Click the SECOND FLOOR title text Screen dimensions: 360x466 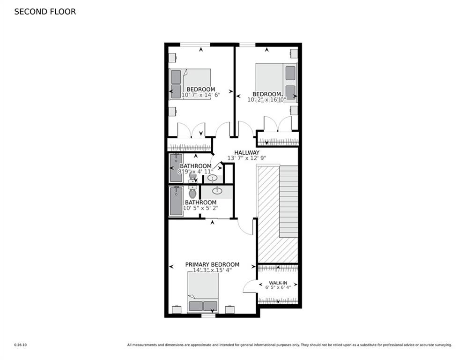[45, 12]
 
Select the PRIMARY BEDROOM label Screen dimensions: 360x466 [212, 264]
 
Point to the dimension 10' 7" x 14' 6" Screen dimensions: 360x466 [200, 95]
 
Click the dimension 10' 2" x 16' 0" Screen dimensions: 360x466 [266, 99]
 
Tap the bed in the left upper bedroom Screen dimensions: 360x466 [190, 84]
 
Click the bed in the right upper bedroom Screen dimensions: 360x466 [276, 82]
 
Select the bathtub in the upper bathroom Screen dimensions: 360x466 [176, 168]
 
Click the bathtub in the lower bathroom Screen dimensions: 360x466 [176, 201]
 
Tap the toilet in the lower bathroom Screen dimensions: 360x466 [192, 192]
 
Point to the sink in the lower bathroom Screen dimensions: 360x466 [217, 191]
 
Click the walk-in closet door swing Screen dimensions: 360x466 [251, 286]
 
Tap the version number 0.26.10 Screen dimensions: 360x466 [20, 345]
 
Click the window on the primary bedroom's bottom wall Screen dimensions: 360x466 [208, 315]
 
